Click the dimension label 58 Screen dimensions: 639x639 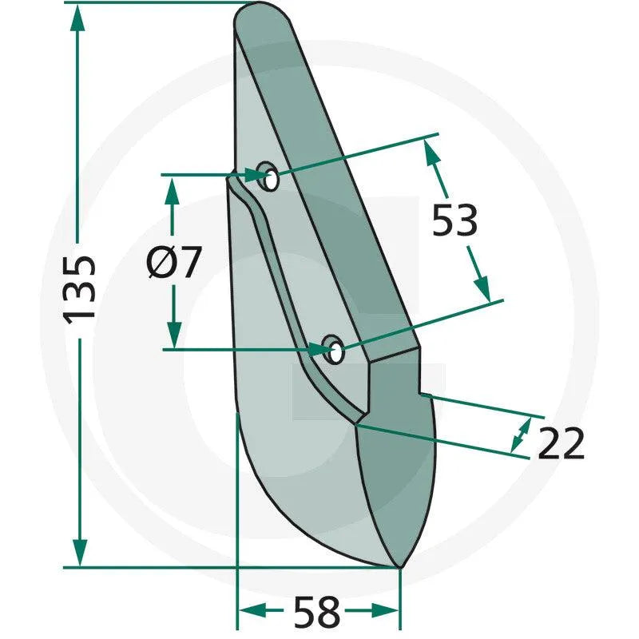coord(316,612)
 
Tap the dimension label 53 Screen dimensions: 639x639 coord(454,220)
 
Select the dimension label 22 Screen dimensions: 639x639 coord(561,443)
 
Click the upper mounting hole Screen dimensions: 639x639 coord(268,176)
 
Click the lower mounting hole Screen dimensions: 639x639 coord(333,350)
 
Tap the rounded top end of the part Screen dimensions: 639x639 coord(261,12)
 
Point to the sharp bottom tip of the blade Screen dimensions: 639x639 coord(399,567)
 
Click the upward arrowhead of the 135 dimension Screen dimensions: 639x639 coord(77,18)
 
